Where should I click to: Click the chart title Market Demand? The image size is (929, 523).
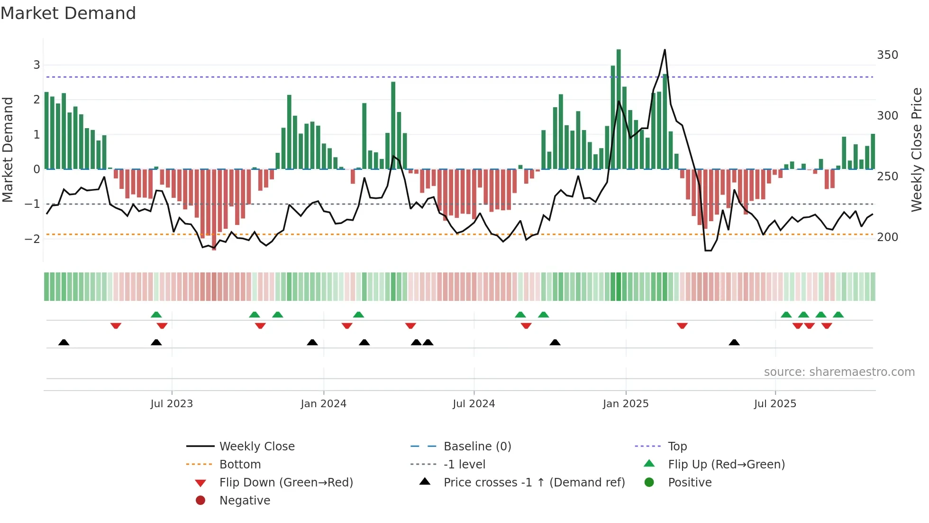coord(68,13)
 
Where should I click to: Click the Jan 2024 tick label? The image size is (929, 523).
coord(323,404)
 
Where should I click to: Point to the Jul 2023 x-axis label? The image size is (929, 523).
coord(172,404)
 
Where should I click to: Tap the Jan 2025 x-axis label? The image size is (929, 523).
coord(625,404)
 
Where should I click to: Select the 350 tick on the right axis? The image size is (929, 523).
coord(887,55)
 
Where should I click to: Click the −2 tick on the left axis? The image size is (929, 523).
coord(32,239)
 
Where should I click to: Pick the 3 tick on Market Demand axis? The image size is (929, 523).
coord(36,65)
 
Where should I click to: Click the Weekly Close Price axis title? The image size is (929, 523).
coord(917,149)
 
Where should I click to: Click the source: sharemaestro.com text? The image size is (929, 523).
coord(839,372)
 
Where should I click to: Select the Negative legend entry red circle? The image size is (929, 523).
coord(200,500)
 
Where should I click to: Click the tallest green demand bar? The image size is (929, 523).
coord(619,109)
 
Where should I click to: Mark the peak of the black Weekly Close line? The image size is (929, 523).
coord(665,50)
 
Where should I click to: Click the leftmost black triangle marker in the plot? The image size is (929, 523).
coord(64,343)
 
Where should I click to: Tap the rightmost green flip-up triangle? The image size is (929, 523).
coord(838,315)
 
